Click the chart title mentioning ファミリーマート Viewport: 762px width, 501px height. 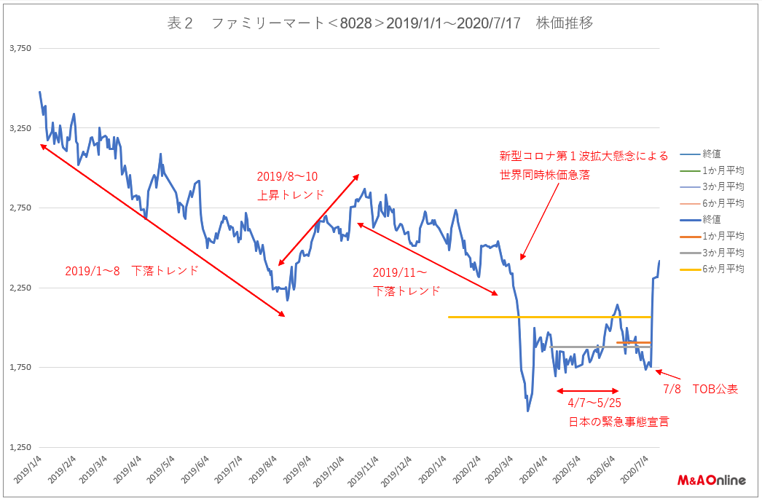pyautogui.click(x=380, y=23)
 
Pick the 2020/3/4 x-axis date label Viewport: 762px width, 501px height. pyautogui.click(x=497, y=470)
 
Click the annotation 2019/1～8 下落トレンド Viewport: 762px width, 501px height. pyautogui.click(x=131, y=270)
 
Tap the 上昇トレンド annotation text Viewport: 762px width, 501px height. pyautogui.click(x=290, y=194)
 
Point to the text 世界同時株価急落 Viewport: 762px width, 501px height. pyautogui.click(x=544, y=175)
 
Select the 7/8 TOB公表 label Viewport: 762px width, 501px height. pyautogui.click(x=700, y=390)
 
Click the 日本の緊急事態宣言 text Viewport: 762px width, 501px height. pyautogui.click(x=618, y=421)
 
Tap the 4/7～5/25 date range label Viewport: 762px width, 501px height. pyautogui.click(x=594, y=403)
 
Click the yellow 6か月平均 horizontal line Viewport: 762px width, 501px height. pyautogui.click(x=546, y=317)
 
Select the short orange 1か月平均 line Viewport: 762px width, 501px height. pyautogui.click(x=634, y=342)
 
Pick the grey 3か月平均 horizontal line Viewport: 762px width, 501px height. pyautogui.click(x=597, y=347)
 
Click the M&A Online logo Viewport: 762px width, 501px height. pyautogui.click(x=711, y=481)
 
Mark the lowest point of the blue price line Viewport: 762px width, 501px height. pyautogui.click(x=527, y=411)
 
